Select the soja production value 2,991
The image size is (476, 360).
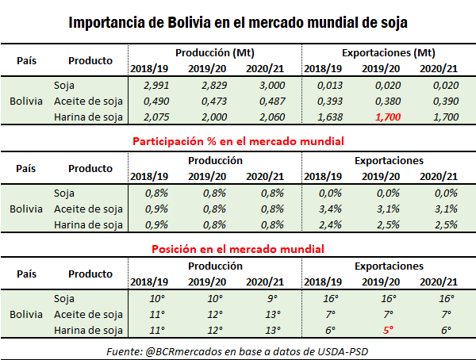tap(146, 86)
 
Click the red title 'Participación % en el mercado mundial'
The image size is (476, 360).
tap(237, 140)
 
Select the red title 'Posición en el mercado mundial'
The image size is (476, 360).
tap(237, 248)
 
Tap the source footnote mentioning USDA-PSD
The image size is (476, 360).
tap(237, 350)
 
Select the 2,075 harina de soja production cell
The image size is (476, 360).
tap(146, 117)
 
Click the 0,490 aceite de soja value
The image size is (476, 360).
tap(146, 101)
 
